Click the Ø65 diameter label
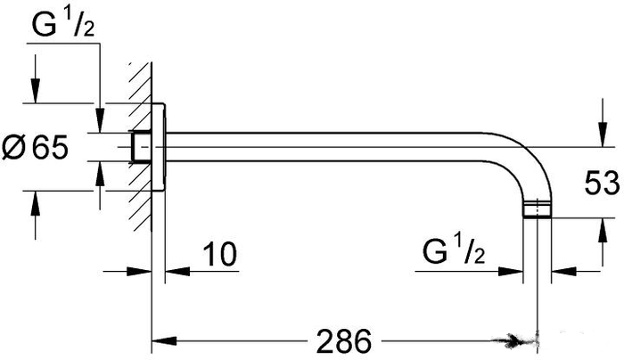(35, 147)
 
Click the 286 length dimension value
(344, 341)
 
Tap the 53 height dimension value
(602, 183)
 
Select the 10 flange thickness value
(220, 253)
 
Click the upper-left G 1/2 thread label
(63, 25)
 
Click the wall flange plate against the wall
(159, 147)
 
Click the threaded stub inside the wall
(141, 147)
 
